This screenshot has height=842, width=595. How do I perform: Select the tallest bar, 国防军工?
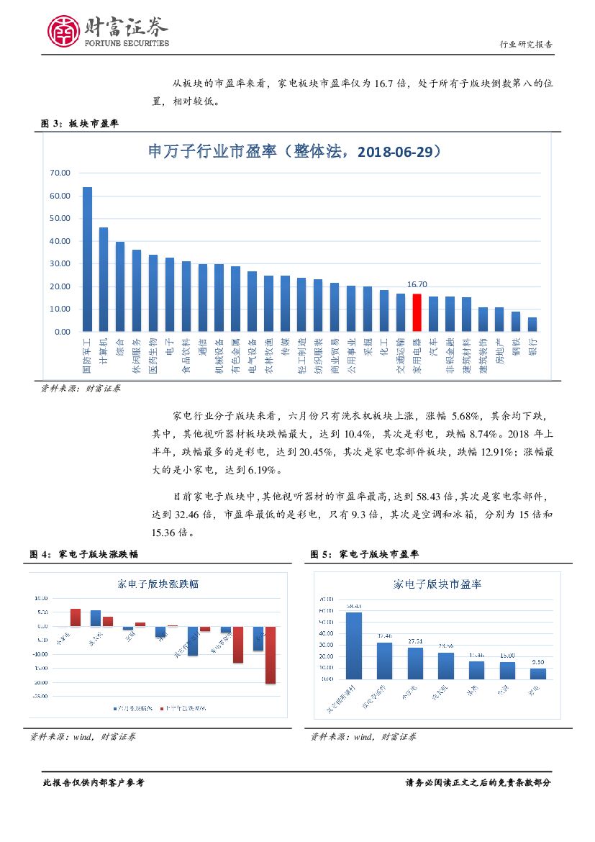(x=87, y=259)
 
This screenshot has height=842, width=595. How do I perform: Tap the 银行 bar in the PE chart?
(x=532, y=325)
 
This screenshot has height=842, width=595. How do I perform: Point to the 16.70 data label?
(x=417, y=285)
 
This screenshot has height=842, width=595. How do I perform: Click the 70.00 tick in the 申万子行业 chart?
(x=60, y=173)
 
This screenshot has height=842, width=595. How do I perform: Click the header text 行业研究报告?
(x=526, y=44)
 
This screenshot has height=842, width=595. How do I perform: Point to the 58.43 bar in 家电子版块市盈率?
(x=354, y=646)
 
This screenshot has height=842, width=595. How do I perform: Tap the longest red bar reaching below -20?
(x=270, y=654)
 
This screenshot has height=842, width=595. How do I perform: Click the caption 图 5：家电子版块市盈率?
(x=365, y=554)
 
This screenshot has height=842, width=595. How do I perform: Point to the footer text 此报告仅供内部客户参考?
(x=94, y=783)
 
